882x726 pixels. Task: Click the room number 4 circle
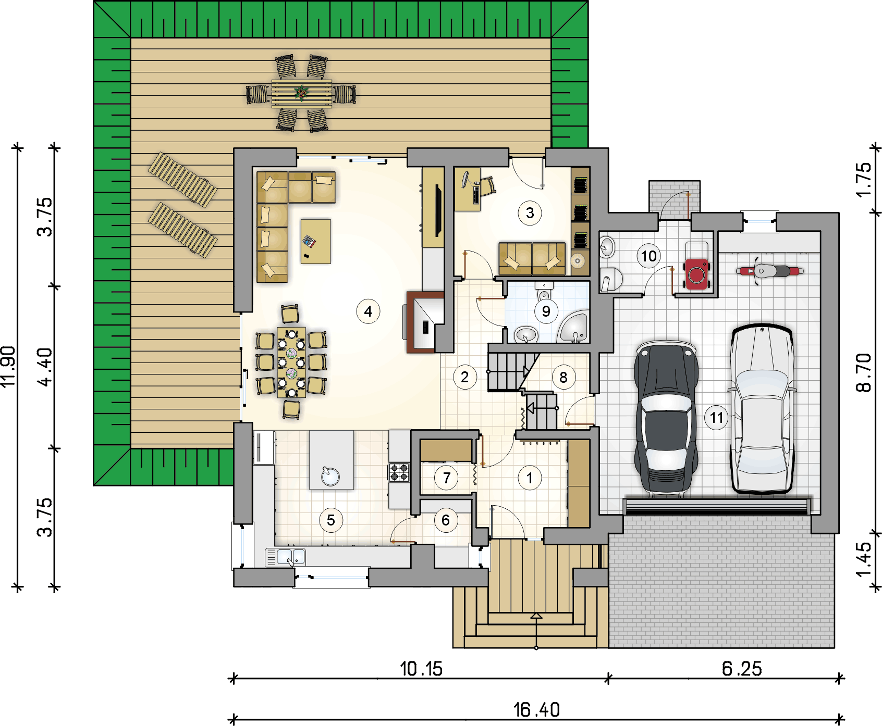click(x=368, y=311)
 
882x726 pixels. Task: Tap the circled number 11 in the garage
click(x=717, y=417)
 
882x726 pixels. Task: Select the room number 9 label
click(x=546, y=311)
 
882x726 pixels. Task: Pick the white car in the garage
click(x=762, y=408)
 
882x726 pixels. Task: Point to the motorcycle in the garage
click(x=769, y=271)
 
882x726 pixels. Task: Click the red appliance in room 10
click(x=696, y=273)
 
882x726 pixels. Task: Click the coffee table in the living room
click(x=315, y=241)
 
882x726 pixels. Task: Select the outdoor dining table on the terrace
click(x=301, y=93)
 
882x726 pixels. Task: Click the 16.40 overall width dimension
click(x=536, y=709)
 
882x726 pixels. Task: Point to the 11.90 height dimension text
click(x=9, y=367)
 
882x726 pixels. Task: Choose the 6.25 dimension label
click(x=742, y=669)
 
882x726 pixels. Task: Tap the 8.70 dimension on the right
click(x=864, y=372)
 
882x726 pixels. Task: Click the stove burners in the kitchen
click(x=399, y=472)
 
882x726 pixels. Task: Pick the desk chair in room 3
click(x=487, y=186)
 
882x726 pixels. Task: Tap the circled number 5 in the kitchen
click(x=331, y=520)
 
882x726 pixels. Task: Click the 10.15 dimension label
click(x=421, y=669)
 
